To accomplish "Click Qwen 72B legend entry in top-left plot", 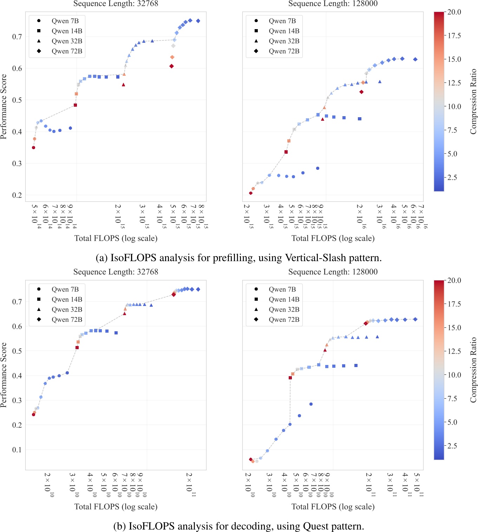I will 66,51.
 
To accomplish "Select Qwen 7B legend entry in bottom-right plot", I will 282,289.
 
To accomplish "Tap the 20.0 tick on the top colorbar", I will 454,12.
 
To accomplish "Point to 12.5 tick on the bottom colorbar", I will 454,351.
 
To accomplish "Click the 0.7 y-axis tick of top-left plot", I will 17,36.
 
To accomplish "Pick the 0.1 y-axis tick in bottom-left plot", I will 17,450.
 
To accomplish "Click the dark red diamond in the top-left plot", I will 171,66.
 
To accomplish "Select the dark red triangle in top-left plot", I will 123,85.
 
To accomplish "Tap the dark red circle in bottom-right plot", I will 250,459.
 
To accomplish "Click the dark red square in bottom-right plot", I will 290,378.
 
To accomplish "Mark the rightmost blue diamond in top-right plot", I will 415,59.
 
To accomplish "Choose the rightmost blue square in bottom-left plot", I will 116,333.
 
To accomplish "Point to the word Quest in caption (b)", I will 314,526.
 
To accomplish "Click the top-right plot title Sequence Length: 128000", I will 333,4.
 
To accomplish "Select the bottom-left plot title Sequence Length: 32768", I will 116,272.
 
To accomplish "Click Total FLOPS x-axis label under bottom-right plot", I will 333,506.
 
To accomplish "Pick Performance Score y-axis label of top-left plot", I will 4,106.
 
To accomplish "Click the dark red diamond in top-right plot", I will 361,92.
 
